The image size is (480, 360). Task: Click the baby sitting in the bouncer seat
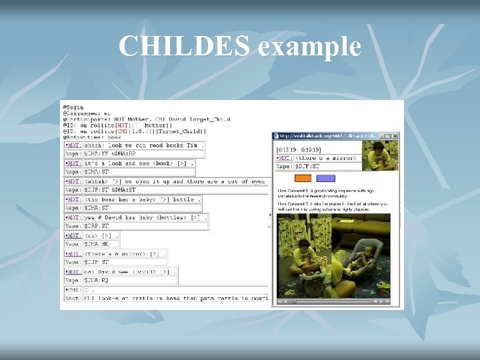(363, 257)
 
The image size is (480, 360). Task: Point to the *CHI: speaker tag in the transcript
(73, 290)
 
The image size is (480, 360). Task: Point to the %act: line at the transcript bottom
(167, 299)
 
